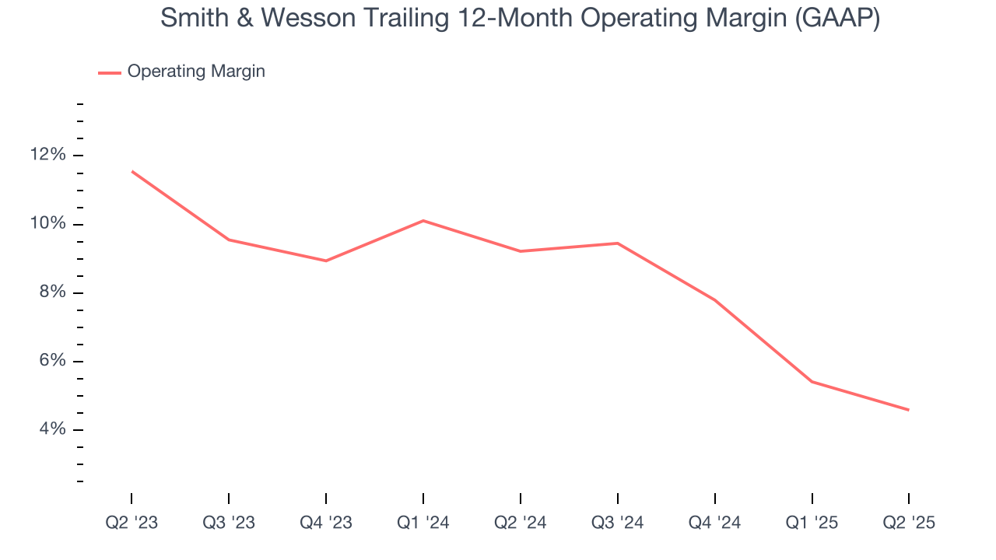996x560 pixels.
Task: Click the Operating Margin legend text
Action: (x=196, y=72)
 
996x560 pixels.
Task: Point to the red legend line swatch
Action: (x=109, y=72)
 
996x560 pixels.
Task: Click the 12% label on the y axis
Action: (x=48, y=155)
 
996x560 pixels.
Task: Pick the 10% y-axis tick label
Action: (x=48, y=224)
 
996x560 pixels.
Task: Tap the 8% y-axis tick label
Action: (x=52, y=292)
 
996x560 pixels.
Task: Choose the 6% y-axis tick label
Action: (x=52, y=361)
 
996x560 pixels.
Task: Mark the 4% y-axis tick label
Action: (x=52, y=429)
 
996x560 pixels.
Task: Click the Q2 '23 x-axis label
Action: (x=132, y=523)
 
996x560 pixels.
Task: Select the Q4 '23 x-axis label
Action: (x=326, y=523)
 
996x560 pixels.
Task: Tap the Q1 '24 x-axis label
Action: (x=423, y=523)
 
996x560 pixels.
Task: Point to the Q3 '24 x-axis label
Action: (x=618, y=523)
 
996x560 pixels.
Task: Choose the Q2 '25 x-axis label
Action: (x=909, y=523)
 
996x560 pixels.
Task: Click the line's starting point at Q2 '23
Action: (x=132, y=171)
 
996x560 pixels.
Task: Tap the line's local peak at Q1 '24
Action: (x=423, y=221)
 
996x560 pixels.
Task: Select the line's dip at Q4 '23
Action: (x=326, y=261)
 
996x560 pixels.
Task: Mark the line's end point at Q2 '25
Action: (x=908, y=410)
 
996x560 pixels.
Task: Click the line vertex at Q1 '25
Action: (x=812, y=382)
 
